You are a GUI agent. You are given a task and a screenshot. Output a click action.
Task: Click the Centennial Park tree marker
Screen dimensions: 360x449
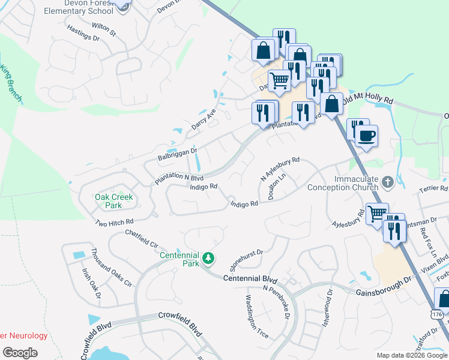208,258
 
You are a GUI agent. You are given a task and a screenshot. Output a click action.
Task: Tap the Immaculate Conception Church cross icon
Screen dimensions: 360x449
388,181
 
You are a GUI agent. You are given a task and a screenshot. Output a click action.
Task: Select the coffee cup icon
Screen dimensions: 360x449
366,134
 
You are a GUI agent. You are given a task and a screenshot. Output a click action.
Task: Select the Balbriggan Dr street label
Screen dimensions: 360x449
177,154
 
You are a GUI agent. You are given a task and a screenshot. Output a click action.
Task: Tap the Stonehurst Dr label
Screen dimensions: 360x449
247,260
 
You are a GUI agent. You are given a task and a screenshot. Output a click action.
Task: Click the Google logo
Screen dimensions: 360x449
20,353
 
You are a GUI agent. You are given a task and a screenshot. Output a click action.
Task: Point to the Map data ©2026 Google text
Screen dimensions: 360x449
411,355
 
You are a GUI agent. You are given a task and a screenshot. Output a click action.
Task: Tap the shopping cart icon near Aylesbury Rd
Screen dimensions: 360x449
377,213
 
